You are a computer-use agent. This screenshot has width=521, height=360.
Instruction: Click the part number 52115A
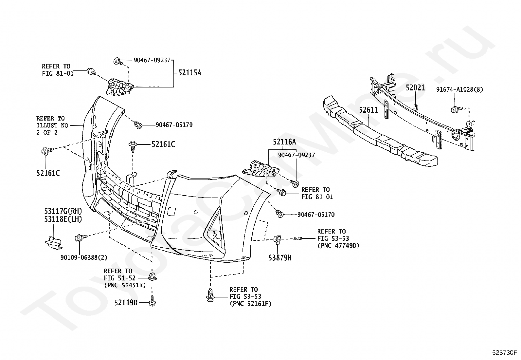pyautogui.click(x=189, y=73)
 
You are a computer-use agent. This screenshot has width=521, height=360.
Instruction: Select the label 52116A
pyautogui.click(x=284, y=142)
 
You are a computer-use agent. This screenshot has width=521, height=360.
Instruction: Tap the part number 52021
pyautogui.click(x=415, y=88)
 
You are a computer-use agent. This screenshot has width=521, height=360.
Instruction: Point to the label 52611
pyautogui.click(x=368, y=110)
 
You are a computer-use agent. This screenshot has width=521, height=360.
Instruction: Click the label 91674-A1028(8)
pyautogui.click(x=459, y=90)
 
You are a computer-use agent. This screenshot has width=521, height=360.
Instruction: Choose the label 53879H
pyautogui.click(x=280, y=258)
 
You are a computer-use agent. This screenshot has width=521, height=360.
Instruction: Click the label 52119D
pyautogui.click(x=126, y=303)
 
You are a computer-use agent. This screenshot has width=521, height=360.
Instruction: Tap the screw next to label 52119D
pyautogui.click(x=153, y=301)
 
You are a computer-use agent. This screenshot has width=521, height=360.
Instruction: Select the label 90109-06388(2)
pyautogui.click(x=84, y=257)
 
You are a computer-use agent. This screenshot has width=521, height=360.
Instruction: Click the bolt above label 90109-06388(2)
pyautogui.click(x=80, y=238)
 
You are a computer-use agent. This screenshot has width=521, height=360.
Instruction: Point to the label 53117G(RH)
pyautogui.click(x=63, y=211)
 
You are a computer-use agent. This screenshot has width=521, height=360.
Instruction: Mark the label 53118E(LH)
pyautogui.click(x=63, y=219)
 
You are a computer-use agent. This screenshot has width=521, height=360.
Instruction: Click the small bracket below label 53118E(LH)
pyautogui.click(x=54, y=243)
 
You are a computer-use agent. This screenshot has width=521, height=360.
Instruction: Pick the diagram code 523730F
pyautogui.click(x=505, y=352)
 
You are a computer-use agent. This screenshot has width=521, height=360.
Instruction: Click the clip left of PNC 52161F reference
pyautogui.click(x=210, y=295)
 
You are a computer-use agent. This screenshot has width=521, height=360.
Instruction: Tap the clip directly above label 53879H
pyautogui.click(x=278, y=239)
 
